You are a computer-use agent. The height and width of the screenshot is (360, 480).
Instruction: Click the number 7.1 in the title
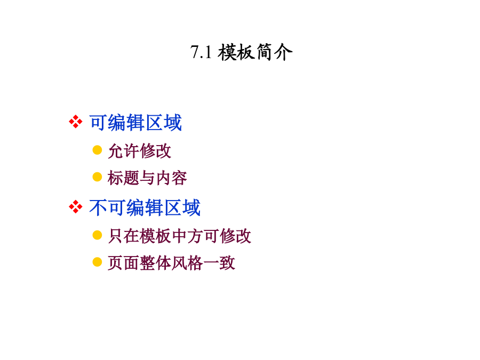(x=201, y=52)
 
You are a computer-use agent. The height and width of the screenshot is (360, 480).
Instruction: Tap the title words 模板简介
(x=255, y=52)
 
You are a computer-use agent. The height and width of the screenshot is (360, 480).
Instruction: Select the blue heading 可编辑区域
(x=135, y=123)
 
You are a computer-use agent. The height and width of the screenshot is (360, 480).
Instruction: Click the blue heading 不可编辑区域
(x=145, y=207)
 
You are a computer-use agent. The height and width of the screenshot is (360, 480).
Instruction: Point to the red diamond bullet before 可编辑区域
(x=76, y=122)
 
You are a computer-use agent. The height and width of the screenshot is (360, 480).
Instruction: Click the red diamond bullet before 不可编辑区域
(x=76, y=207)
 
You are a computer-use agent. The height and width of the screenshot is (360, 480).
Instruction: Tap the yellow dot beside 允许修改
(x=97, y=150)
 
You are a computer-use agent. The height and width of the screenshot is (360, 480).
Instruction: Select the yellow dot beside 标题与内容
(x=97, y=177)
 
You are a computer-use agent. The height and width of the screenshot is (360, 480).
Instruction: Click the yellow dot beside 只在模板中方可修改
(x=97, y=235)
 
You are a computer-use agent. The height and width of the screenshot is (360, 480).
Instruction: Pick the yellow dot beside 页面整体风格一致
(x=97, y=262)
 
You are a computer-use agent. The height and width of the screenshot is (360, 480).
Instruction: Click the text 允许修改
(x=140, y=151)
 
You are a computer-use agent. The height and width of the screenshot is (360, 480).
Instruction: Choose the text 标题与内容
(x=147, y=178)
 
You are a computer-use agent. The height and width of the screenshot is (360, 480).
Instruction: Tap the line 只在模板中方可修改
(x=180, y=236)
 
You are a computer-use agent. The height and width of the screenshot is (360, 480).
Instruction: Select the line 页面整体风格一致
(x=171, y=263)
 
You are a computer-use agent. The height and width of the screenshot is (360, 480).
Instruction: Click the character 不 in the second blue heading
(x=98, y=207)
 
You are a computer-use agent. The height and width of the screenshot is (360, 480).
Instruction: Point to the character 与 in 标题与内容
(x=147, y=178)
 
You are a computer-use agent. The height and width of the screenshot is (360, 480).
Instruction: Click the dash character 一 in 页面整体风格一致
(x=211, y=263)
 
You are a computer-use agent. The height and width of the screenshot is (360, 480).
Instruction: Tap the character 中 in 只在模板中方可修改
(x=180, y=236)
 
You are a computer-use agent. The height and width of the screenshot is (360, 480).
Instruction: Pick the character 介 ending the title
(x=283, y=52)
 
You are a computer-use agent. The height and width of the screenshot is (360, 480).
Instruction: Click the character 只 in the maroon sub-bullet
(x=116, y=236)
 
